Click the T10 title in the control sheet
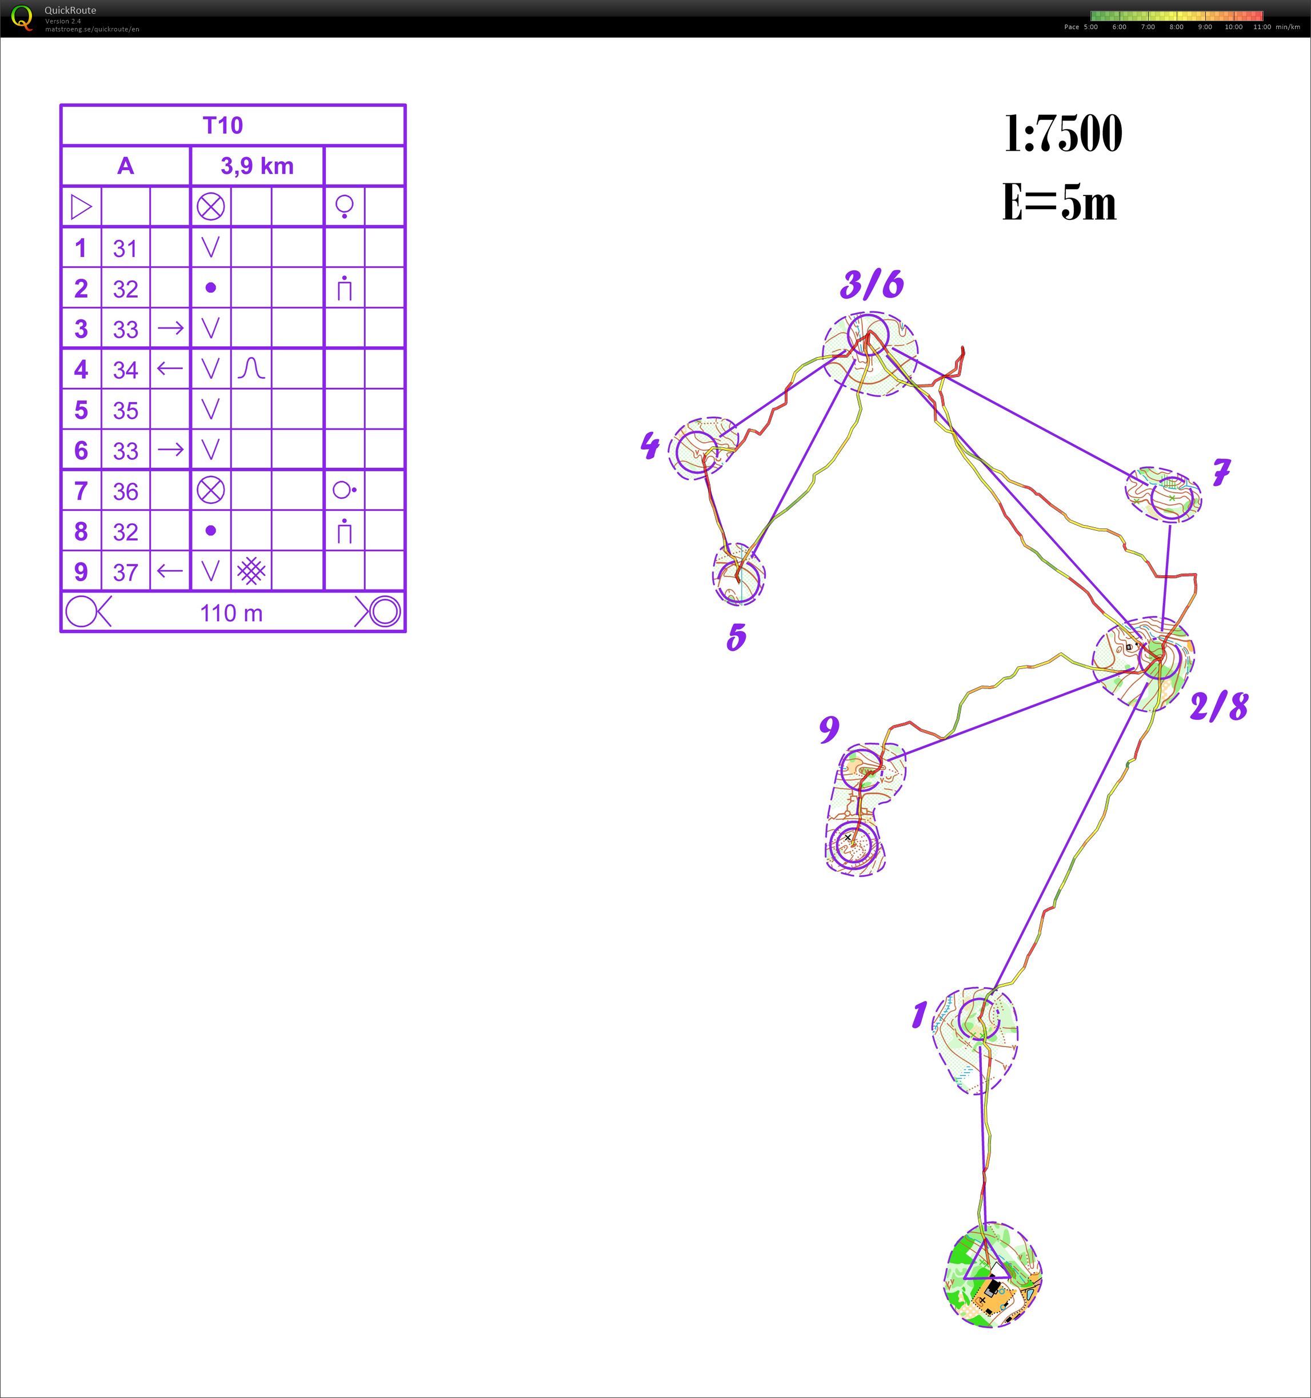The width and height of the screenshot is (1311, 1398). click(222, 125)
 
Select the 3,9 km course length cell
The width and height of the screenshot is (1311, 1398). click(257, 166)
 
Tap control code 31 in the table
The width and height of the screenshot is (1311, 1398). click(125, 249)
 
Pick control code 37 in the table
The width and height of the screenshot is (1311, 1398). click(125, 572)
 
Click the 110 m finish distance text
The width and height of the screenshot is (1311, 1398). click(231, 613)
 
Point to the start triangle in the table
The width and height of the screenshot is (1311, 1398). click(82, 207)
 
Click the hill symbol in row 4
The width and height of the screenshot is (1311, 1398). click(251, 368)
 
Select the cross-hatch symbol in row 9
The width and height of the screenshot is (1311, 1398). click(251, 571)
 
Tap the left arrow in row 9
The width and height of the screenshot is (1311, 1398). click(170, 570)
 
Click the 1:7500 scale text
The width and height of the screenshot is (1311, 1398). click(1063, 134)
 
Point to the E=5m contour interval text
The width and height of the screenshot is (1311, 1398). click(1059, 202)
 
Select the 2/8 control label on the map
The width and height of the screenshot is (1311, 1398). click(1219, 706)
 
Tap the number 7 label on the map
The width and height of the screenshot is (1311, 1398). click(1222, 472)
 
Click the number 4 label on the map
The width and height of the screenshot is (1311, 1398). click(650, 445)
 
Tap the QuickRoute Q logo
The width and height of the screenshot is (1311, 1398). click(22, 18)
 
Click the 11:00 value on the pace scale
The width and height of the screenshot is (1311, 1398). click(1262, 27)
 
